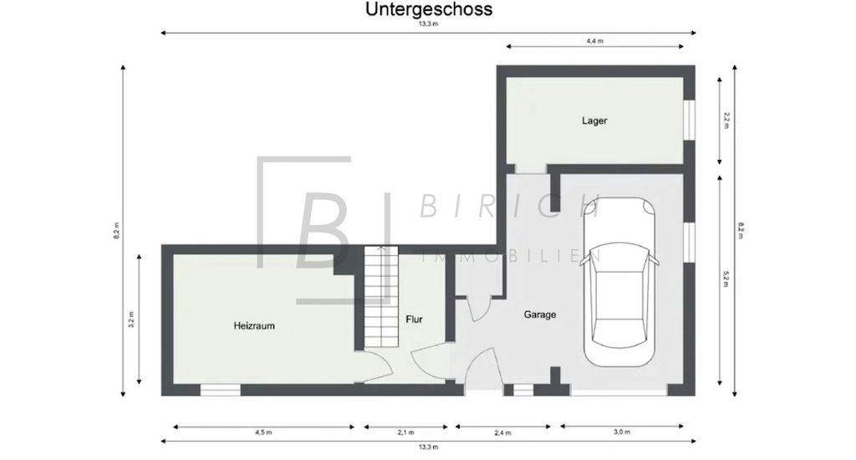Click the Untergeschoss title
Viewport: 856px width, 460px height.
429,9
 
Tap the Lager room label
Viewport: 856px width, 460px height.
594,120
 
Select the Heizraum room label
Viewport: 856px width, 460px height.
254,325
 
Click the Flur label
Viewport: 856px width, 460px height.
414,319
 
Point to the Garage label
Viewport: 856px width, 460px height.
540,314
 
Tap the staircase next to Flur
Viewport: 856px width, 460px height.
381,297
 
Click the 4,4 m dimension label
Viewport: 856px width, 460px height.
594,40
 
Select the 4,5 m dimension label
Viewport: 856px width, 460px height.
263,432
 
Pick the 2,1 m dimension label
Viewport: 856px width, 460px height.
405,432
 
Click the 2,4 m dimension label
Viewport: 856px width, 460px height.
502,432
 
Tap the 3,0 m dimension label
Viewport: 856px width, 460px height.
622,432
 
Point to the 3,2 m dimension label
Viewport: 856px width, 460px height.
131,319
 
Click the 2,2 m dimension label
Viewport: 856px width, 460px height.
726,120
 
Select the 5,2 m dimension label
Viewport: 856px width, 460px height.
726,279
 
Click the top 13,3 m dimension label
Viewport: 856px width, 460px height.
429,24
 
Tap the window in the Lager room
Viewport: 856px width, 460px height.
690,120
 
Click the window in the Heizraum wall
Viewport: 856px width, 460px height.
220,390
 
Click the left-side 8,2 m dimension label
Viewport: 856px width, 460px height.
116,231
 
